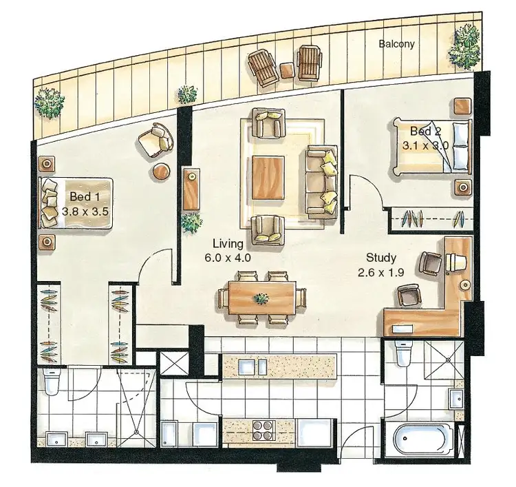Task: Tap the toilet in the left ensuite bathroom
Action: (x=52, y=382)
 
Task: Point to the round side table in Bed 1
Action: (x=162, y=172)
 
